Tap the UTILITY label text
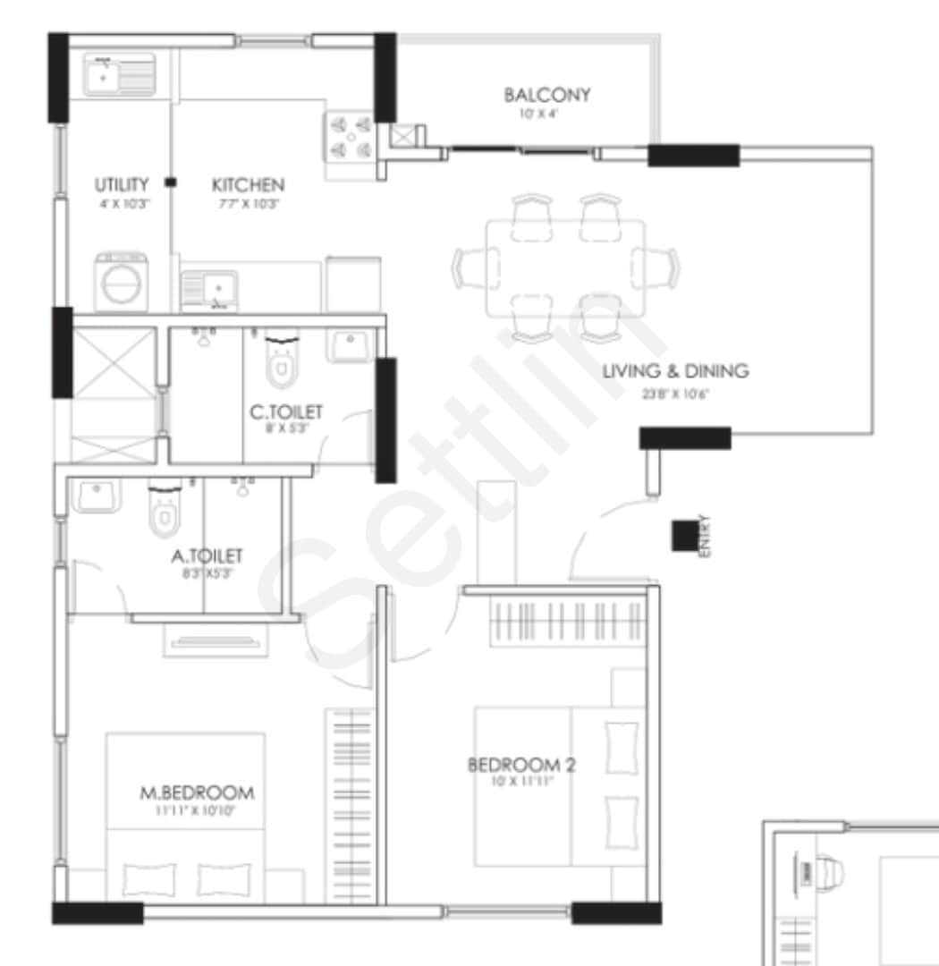(122, 185)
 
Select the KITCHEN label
(248, 185)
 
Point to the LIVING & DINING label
(675, 370)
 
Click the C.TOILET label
(286, 412)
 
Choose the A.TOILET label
(207, 557)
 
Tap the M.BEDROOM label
(197, 792)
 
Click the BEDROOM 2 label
(521, 765)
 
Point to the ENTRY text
(705, 536)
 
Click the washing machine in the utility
(123, 283)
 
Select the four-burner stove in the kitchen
(349, 137)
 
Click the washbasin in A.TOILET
(96, 496)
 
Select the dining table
(564, 267)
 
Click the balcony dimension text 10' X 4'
(537, 114)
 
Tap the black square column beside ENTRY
(684, 535)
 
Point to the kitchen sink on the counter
(209, 290)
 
